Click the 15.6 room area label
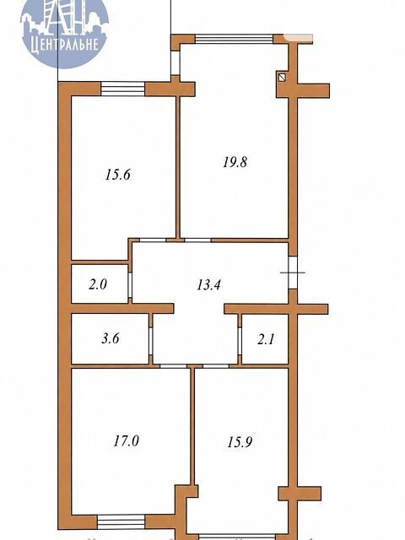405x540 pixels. coord(118,175)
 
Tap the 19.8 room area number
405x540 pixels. coord(235,161)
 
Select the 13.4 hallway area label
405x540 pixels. coord(208,285)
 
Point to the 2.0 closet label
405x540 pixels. coord(98,284)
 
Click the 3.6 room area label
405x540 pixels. coord(111,338)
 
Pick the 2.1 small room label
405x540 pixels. coord(266,339)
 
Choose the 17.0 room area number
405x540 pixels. coord(126,440)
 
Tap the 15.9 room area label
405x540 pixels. coord(240,442)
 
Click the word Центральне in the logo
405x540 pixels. coord(65,45)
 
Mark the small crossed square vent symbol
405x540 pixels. coord(282,78)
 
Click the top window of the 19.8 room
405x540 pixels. coord(235,39)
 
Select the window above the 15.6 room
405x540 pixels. coord(122,89)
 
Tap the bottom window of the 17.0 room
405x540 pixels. coord(121,521)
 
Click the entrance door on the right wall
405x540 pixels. coord(293,273)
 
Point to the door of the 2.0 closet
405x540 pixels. coord(130,285)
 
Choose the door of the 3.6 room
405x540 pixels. coord(150,341)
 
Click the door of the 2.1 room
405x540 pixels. coord(240,341)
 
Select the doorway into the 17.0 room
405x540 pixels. coord(173,366)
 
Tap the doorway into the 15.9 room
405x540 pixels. coord(216,366)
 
